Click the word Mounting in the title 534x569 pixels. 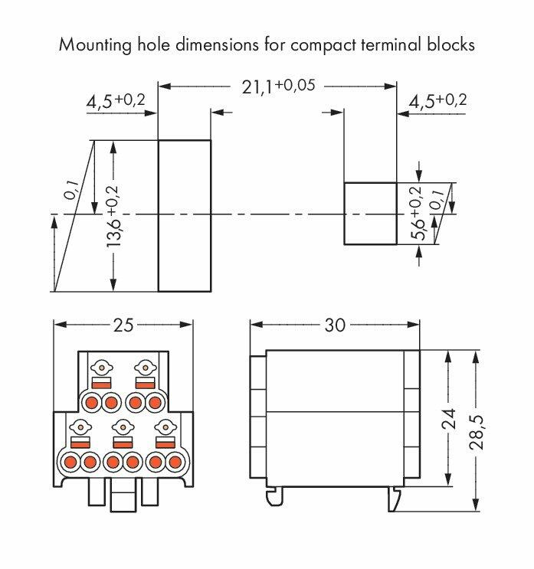click(x=95, y=45)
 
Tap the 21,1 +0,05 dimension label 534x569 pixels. click(x=278, y=87)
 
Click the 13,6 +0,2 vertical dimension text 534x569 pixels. click(x=112, y=216)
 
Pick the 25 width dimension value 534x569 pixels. click(x=123, y=325)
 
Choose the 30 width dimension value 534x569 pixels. click(x=335, y=325)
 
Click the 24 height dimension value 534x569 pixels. click(x=449, y=418)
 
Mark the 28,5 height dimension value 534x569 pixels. click(x=477, y=433)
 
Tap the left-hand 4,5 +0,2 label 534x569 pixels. click(x=116, y=101)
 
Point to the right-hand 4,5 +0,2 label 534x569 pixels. click(x=437, y=101)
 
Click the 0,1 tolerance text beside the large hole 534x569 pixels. click(x=70, y=190)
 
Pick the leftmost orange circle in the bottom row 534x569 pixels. click(x=70, y=463)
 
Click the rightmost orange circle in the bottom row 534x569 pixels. click(x=175, y=463)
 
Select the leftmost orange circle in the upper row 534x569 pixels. click(x=91, y=403)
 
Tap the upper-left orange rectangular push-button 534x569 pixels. click(x=101, y=384)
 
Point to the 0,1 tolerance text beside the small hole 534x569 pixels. click(x=437, y=199)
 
